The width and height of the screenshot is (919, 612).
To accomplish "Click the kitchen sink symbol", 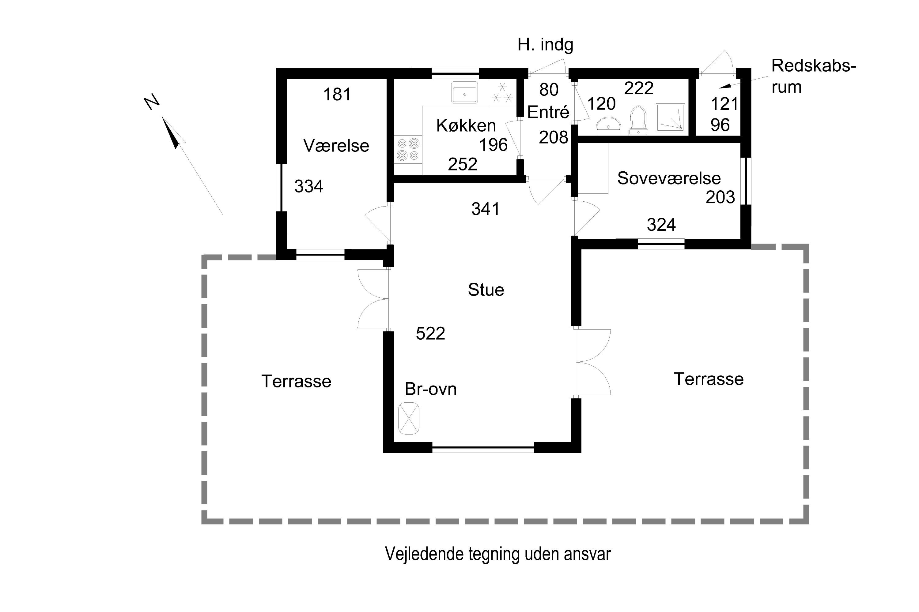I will point(465,92).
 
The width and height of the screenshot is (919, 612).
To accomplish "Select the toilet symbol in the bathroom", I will point(638,120).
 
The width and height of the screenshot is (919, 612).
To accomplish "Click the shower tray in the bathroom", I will point(670,118).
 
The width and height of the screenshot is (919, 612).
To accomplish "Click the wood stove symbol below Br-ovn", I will point(409,418).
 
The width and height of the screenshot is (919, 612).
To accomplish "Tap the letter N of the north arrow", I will point(152,102).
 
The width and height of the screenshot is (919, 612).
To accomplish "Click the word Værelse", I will point(336,146).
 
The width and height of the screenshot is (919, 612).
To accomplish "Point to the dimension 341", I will point(485,209).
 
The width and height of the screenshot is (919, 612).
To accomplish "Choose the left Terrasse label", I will point(296,381).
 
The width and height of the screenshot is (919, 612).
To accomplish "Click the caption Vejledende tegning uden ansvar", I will point(497,554).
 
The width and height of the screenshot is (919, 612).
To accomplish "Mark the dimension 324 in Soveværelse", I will point(661,225).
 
